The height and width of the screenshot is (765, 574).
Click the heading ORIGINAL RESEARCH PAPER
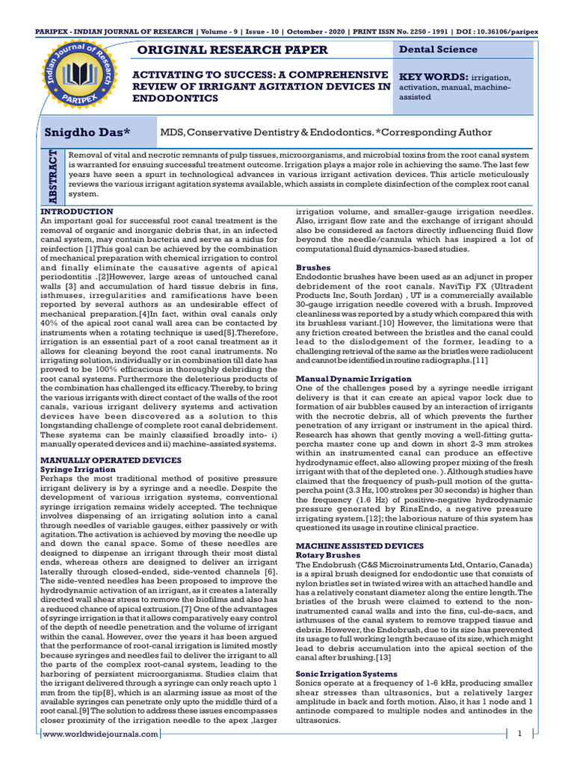(229, 50)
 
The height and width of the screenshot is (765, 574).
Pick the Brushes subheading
(313, 267)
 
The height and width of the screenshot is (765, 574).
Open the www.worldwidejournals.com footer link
(101, 734)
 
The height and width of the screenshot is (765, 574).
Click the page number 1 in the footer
(519, 734)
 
